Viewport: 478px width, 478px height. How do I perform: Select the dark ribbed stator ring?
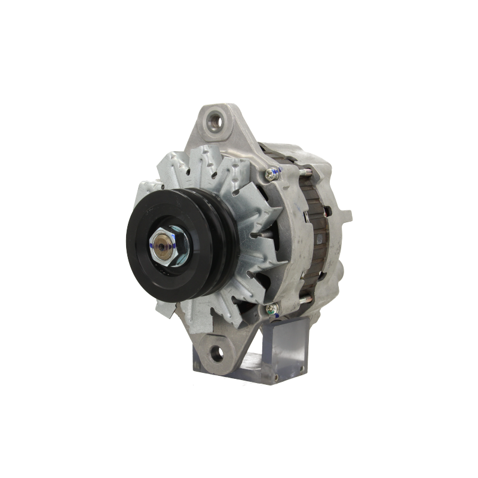point(314,239)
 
